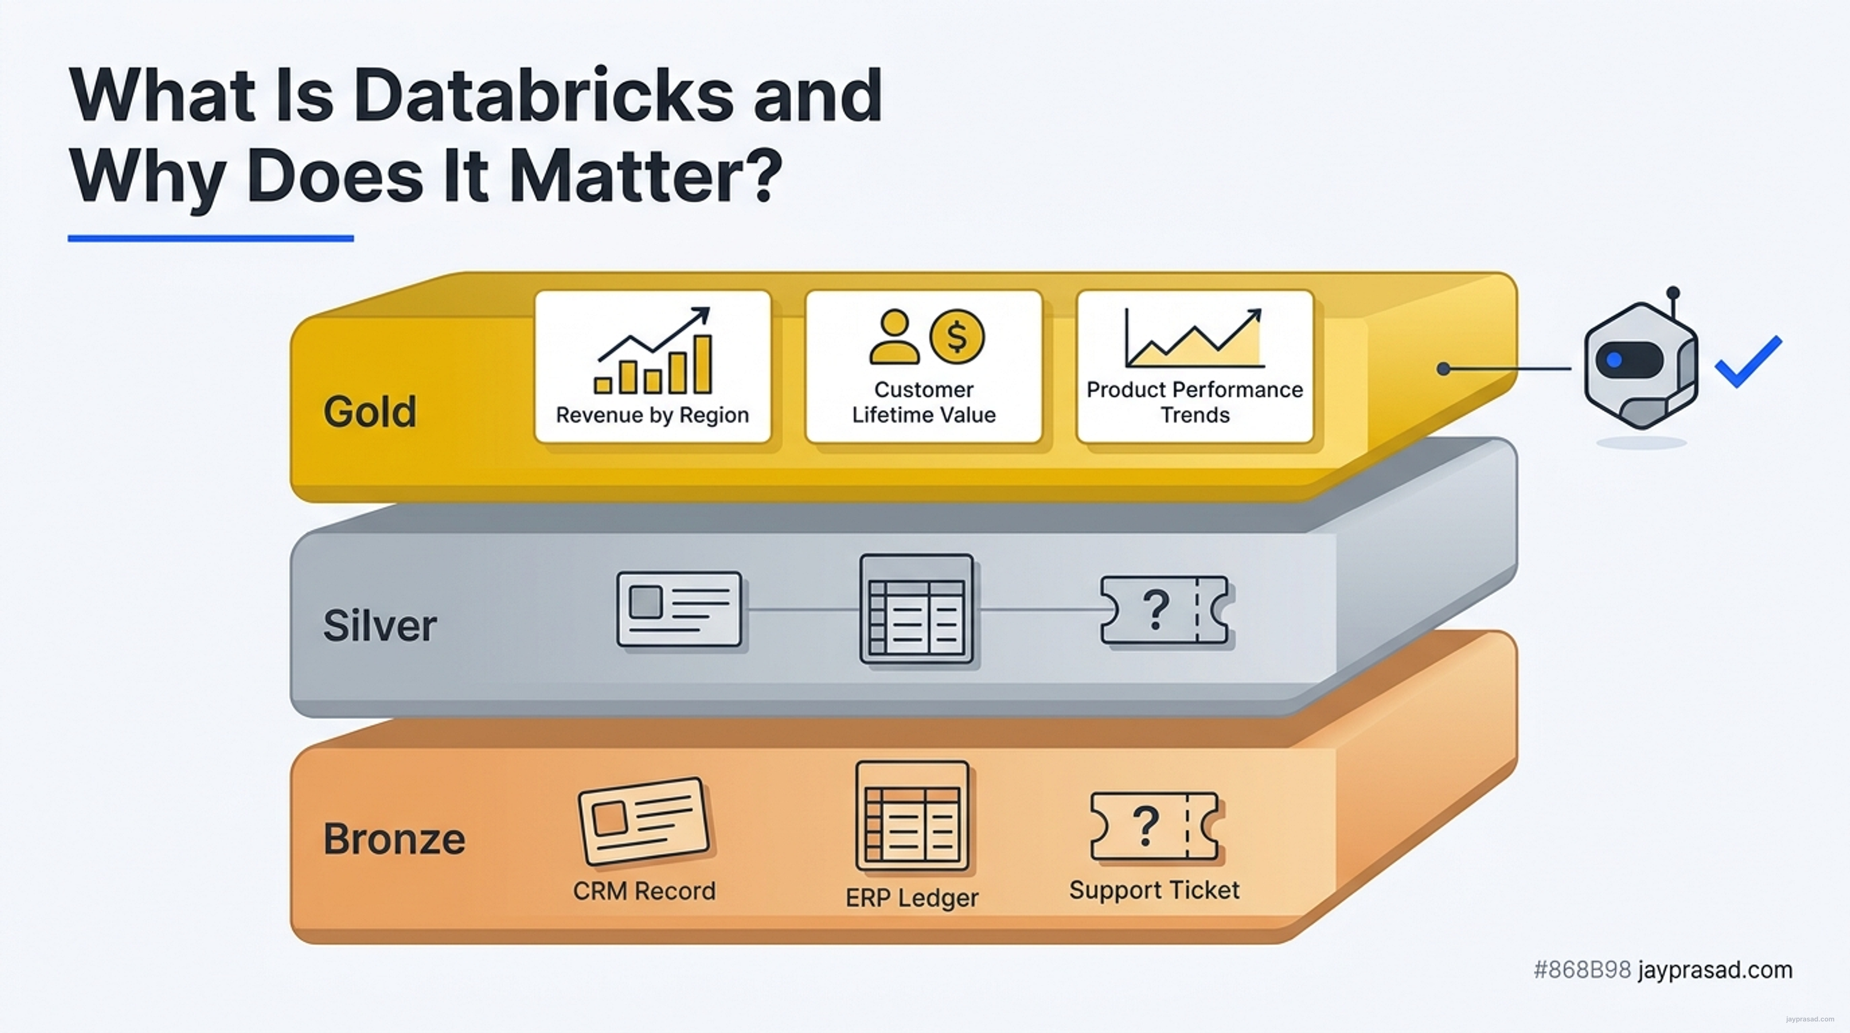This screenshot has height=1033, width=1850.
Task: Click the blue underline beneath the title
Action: coord(211,238)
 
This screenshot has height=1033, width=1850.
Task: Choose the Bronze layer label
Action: coord(394,838)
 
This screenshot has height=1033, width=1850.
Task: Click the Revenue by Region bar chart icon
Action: coord(653,350)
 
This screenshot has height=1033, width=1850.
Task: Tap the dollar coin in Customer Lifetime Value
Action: coord(957,336)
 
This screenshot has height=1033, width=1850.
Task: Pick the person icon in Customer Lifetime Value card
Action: coord(894,337)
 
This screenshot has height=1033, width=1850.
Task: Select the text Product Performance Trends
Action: coord(1194,402)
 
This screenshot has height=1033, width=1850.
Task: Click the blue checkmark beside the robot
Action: coord(1748,362)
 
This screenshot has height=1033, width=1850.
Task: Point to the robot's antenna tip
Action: coord(1673,293)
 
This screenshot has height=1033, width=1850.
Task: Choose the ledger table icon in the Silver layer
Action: coord(916,608)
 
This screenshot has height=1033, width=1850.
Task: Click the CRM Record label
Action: coord(644,891)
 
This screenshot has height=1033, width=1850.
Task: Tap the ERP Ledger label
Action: coord(912,897)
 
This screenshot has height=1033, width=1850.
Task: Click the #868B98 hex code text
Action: coord(1582,970)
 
